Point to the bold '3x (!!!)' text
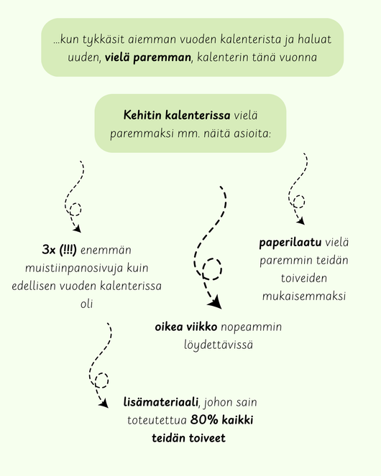click(60, 251)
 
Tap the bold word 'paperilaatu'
click(290, 242)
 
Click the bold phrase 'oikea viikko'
click(186, 327)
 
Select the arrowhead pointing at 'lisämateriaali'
click(106, 404)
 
